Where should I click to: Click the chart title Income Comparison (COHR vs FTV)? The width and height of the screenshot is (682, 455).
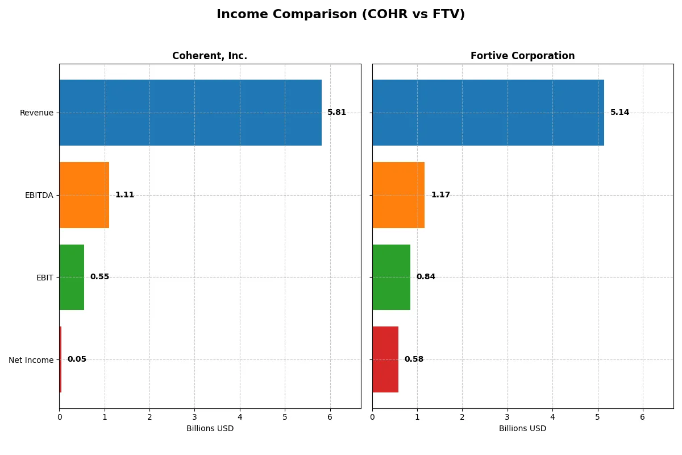[340, 15]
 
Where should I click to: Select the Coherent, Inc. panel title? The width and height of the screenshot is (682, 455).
[210, 56]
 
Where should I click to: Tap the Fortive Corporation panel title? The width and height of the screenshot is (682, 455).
[522, 56]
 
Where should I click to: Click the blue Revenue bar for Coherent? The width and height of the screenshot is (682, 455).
[190, 113]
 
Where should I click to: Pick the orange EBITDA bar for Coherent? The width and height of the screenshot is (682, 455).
[84, 195]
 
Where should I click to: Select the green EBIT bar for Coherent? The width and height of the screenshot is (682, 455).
[72, 277]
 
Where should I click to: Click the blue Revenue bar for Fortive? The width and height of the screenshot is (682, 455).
[488, 113]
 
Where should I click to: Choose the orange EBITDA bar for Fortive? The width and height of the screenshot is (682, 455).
[398, 195]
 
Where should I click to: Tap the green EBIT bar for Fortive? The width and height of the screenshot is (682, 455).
[391, 277]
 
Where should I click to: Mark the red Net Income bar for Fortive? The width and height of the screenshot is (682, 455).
[385, 359]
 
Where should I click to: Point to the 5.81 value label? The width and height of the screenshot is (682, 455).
[336, 113]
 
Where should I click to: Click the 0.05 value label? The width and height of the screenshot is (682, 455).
[77, 359]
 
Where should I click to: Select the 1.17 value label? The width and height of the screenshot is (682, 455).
[440, 195]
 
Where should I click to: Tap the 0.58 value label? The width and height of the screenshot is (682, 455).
[414, 359]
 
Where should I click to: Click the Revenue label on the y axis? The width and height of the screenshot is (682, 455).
[36, 113]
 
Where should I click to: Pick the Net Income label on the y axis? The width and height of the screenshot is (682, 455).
[31, 360]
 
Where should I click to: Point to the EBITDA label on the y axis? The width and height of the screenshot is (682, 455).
[39, 195]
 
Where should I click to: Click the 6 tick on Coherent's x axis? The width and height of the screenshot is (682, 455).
[330, 417]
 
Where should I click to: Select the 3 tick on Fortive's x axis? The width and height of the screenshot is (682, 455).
[508, 417]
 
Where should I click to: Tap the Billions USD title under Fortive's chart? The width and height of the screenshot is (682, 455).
[522, 429]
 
